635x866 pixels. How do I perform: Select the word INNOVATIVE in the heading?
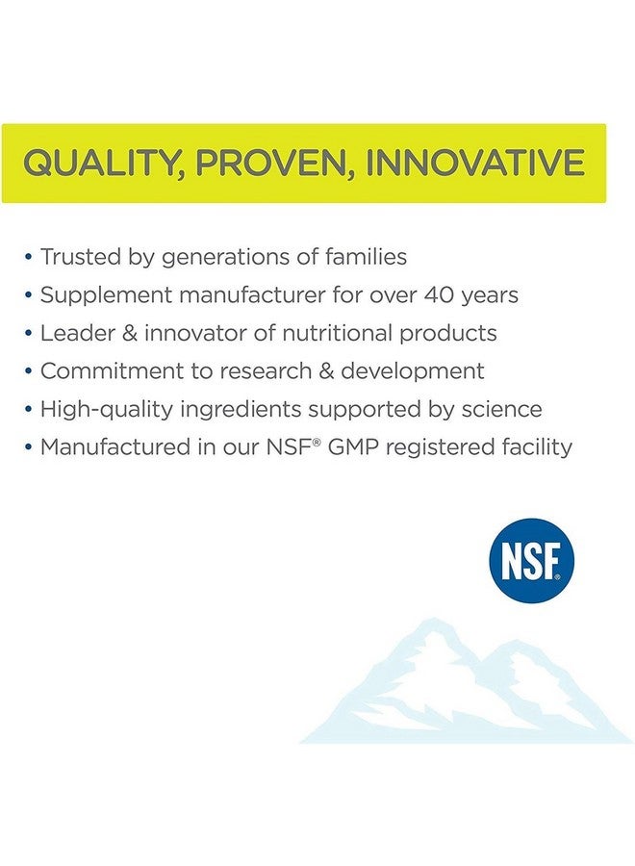pos(473,163)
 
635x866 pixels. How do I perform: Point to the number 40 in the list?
pos(439,295)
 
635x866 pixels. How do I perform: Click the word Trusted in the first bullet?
pos(81,257)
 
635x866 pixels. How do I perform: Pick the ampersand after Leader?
pos(130,333)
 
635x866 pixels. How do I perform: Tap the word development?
pos(413,371)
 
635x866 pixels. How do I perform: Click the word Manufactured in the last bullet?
pos(114,446)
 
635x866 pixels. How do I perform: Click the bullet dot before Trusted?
pos(29,257)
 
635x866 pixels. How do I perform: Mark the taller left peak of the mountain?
pos(434,620)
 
